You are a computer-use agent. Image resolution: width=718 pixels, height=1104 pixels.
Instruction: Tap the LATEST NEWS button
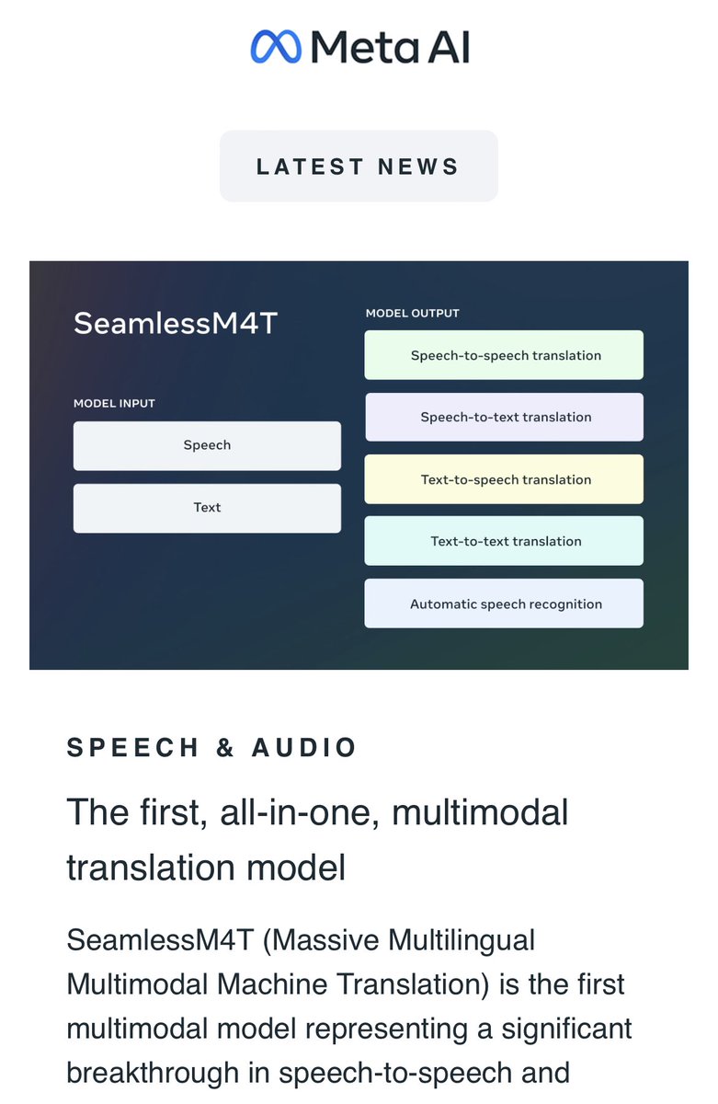tap(359, 167)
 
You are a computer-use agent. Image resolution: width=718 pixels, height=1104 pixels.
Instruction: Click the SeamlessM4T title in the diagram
tap(175, 324)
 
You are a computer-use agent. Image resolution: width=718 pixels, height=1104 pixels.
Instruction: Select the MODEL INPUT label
tap(114, 403)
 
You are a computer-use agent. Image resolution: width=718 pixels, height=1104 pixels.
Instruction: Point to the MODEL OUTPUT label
tap(412, 313)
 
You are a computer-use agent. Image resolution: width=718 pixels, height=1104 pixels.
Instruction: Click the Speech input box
tap(207, 445)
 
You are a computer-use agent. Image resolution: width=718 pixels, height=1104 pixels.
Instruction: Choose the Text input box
tap(207, 508)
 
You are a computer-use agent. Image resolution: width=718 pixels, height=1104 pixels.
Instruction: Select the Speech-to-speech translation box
tap(504, 355)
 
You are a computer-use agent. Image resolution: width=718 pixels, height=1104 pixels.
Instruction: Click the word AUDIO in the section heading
tap(304, 748)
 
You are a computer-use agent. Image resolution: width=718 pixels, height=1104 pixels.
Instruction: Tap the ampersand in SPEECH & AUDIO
tap(225, 748)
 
